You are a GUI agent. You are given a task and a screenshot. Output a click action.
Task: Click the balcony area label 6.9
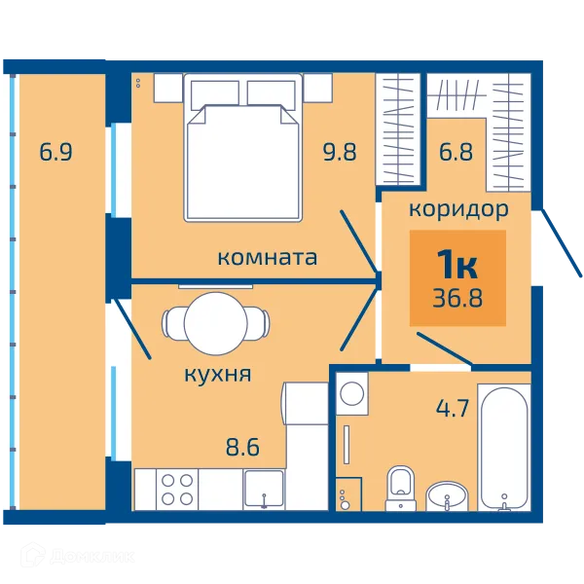point(55,152)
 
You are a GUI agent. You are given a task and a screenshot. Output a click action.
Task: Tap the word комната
point(267,258)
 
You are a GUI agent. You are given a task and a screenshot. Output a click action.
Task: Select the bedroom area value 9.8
point(340,152)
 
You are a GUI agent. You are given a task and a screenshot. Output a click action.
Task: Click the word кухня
point(218,375)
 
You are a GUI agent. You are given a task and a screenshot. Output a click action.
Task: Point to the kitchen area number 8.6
point(242,447)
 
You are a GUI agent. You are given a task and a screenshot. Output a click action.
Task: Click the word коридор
point(458,210)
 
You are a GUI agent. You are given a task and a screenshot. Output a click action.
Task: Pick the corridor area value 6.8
point(456,152)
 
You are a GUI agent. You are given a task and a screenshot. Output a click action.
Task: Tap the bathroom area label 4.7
point(453,408)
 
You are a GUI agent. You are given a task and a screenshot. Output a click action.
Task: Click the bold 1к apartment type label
point(457,264)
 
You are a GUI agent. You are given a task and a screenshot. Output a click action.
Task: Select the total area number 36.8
point(457,298)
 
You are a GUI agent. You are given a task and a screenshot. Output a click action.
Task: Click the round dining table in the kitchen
point(216,324)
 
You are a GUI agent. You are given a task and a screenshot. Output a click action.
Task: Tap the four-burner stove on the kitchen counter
point(177,490)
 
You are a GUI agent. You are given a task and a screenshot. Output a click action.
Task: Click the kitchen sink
point(264,490)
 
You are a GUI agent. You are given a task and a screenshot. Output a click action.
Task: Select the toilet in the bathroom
point(400,488)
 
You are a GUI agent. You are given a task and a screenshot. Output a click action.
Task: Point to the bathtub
point(504,448)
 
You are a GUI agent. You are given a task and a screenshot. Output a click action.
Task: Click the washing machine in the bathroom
point(352,393)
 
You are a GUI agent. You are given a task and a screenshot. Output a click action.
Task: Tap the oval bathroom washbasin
point(447,496)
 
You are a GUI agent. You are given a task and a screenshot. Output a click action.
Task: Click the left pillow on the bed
point(215,94)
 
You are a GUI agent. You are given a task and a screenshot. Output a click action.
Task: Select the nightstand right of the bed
point(317,88)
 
